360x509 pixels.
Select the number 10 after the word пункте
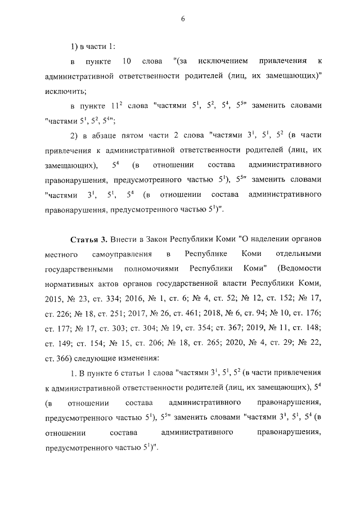click(126, 60)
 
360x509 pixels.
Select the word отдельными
click(299, 255)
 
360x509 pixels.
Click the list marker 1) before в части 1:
click(75, 46)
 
